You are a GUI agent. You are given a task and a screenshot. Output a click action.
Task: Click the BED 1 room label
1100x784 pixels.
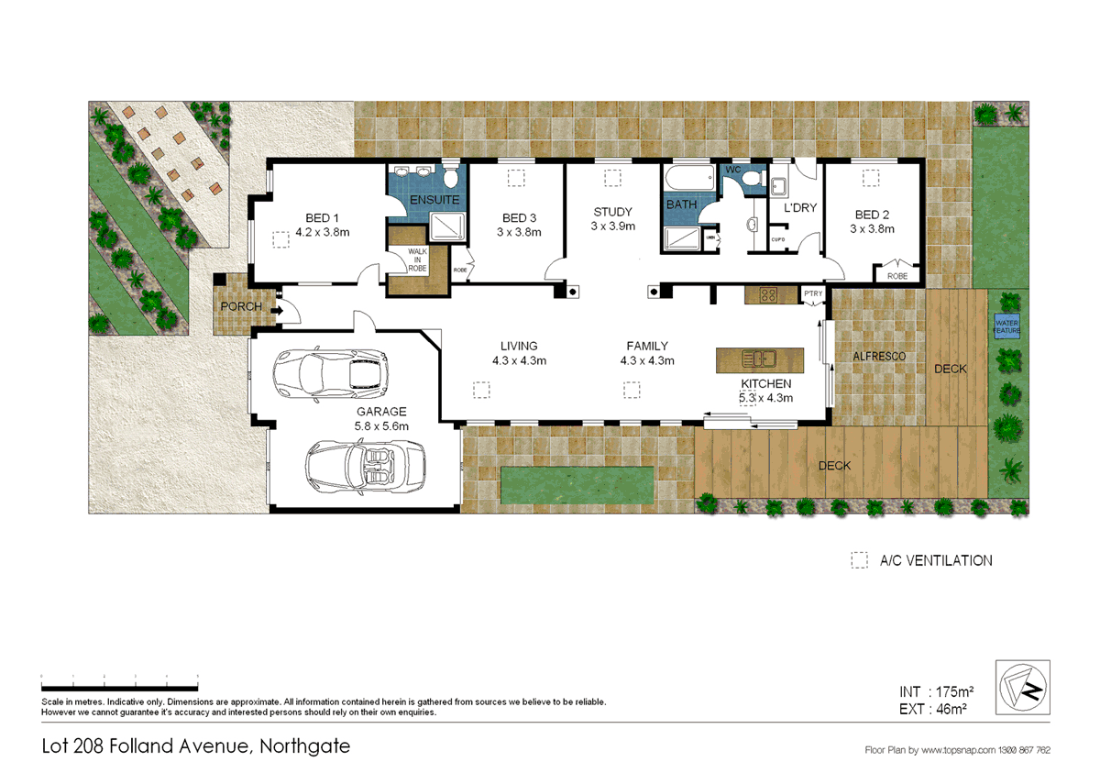click(317, 217)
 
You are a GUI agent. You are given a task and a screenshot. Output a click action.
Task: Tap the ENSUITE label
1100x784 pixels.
click(434, 200)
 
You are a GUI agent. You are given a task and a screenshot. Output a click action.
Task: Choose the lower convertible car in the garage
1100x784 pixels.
click(365, 462)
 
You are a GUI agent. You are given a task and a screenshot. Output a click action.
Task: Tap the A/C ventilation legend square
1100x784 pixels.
click(859, 560)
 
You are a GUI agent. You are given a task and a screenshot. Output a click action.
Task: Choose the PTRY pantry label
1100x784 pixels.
click(813, 293)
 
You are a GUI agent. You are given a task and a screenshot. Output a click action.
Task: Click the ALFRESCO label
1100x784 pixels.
click(879, 355)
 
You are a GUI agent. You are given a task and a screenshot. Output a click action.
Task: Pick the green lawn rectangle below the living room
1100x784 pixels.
click(577, 479)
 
